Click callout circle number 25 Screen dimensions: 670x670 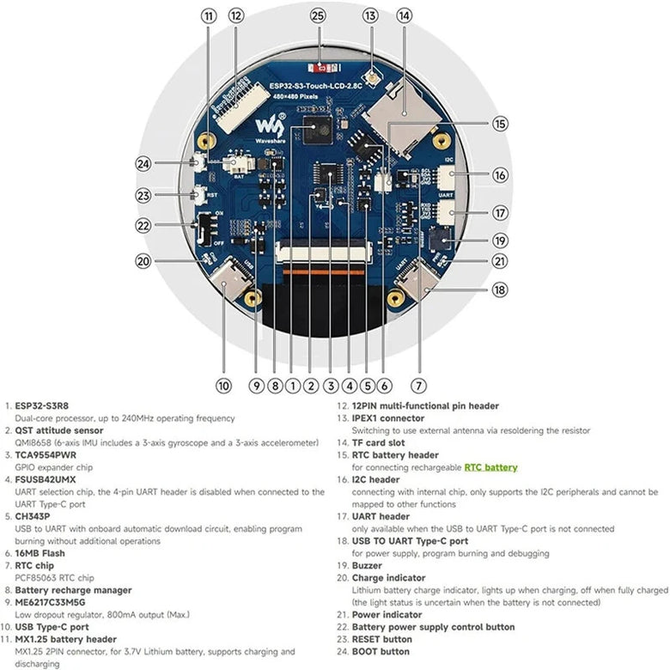(x=318, y=15)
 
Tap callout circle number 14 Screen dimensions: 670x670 (x=404, y=15)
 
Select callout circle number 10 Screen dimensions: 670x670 (x=223, y=386)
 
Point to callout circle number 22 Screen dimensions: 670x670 (x=143, y=225)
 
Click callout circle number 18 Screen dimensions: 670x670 (x=501, y=290)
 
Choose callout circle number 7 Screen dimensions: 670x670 (x=419, y=386)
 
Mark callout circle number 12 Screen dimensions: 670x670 (x=236, y=15)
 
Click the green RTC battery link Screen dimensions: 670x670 (x=490, y=467)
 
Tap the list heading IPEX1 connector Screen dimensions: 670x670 (x=388, y=418)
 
